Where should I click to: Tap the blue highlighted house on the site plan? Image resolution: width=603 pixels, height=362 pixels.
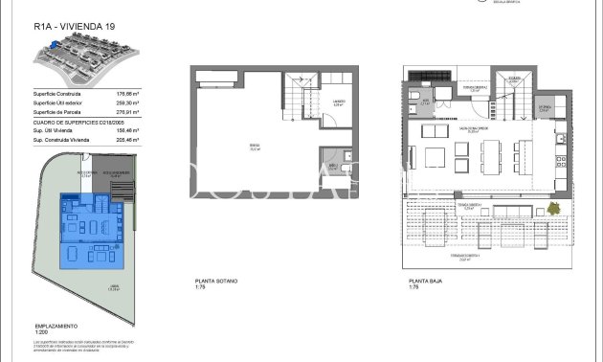coord(94,230)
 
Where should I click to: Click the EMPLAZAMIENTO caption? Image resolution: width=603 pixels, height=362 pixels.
coord(56,326)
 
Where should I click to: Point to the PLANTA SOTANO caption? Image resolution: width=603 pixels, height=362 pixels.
coord(216,281)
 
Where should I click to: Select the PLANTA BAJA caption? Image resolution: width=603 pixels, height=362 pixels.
coord(423,281)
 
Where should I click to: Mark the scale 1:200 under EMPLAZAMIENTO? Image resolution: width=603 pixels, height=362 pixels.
coord(39,332)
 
